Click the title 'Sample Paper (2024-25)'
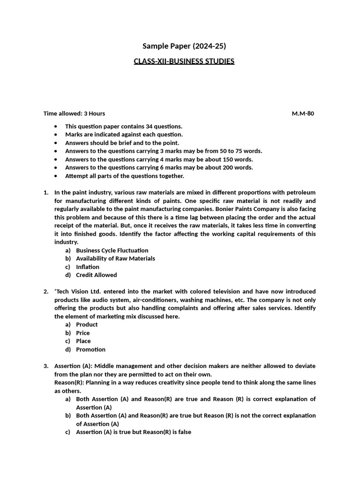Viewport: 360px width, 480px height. pyautogui.click(x=180, y=46)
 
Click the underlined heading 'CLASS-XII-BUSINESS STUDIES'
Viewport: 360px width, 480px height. pyautogui.click(x=184, y=61)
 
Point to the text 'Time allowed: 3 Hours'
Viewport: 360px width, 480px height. pyautogui.click(x=74, y=113)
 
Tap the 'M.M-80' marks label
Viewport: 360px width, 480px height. pyautogui.click(x=303, y=113)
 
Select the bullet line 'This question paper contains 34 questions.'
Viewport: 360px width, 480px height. pyautogui.click(x=123, y=126)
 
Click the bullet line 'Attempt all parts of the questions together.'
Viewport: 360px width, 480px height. pyautogui.click(x=124, y=176)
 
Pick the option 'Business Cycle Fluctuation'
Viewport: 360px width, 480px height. pyautogui.click(x=112, y=250)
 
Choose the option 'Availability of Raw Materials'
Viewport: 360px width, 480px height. pyautogui.click(x=115, y=258)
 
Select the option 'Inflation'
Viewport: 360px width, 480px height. pyautogui.click(x=88, y=267)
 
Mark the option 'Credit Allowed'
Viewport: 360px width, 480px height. pyautogui.click(x=96, y=275)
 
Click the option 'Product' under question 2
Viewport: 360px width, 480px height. pyautogui.click(x=87, y=324)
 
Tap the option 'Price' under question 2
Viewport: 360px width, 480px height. pyautogui.click(x=82, y=333)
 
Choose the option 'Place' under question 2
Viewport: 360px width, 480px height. pyautogui.click(x=83, y=341)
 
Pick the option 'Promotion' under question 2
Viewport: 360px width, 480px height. pyautogui.click(x=90, y=349)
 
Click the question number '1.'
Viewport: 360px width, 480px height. pyautogui.click(x=46, y=193)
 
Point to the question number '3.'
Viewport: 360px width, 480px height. pyautogui.click(x=46, y=366)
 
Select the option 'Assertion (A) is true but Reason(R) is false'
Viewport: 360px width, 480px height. pyautogui.click(x=134, y=432)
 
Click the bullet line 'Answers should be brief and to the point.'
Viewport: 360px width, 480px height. pyautogui.click(x=122, y=142)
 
